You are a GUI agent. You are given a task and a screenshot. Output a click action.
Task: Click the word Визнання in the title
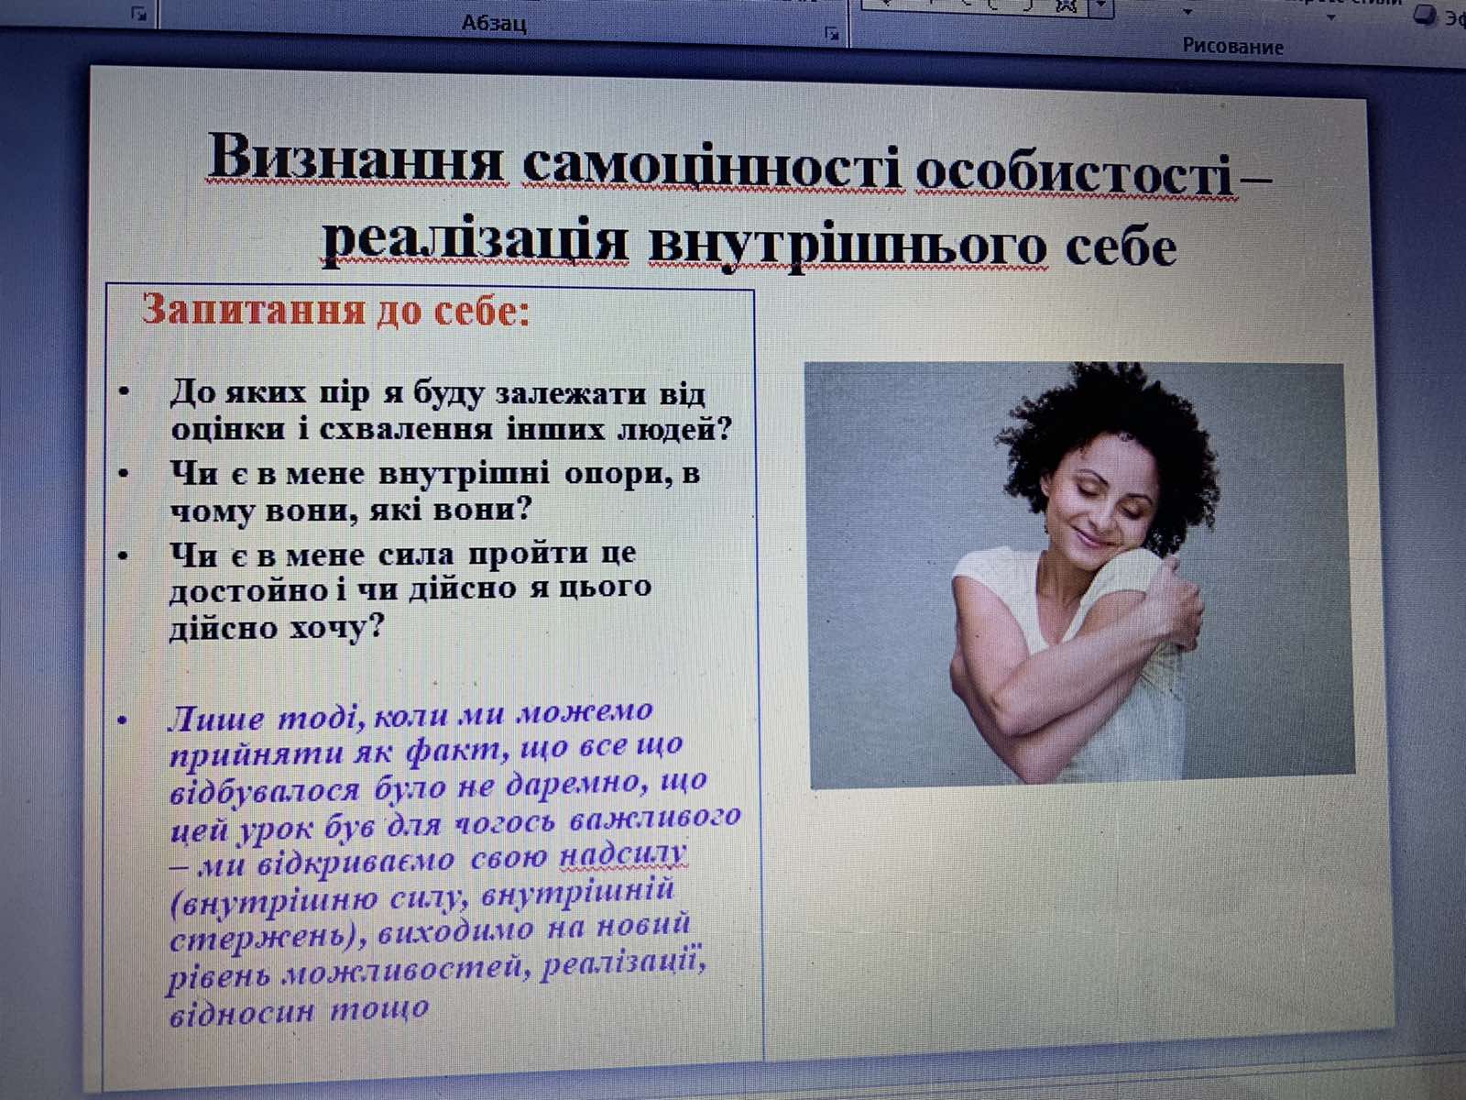(356, 158)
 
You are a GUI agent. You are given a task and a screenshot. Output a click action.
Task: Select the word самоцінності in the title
(712, 166)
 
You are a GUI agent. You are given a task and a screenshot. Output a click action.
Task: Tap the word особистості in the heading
(1076, 171)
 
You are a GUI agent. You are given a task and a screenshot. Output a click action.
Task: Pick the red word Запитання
(254, 309)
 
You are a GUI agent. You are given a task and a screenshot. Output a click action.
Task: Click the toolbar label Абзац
(494, 24)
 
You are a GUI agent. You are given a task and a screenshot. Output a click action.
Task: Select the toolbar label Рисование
(1233, 47)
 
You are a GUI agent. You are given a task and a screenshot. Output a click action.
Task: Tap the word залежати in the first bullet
(572, 393)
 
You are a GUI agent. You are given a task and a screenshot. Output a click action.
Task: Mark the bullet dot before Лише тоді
(122, 720)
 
